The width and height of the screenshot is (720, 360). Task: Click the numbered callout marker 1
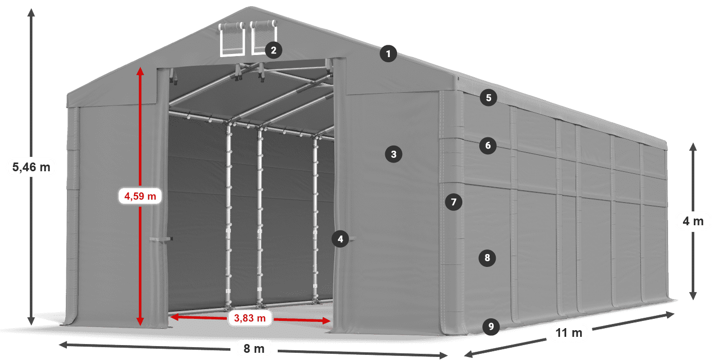point(389,53)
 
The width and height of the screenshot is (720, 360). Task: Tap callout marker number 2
point(273,50)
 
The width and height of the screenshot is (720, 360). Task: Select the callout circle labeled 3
point(393,153)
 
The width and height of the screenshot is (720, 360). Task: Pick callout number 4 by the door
point(340,239)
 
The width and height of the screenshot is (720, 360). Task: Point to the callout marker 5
point(488,97)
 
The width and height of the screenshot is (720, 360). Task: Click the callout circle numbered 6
point(488,146)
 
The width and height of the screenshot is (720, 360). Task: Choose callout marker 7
point(453,202)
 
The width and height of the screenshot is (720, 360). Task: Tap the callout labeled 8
point(487,257)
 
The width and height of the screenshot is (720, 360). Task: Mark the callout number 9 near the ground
point(491,326)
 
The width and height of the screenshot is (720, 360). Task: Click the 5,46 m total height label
point(31,167)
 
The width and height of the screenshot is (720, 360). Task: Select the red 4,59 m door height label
point(140,196)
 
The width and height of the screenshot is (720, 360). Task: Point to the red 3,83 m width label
point(249,319)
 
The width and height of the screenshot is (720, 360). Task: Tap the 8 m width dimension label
point(254,349)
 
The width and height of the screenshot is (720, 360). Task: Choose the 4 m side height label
point(693,222)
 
